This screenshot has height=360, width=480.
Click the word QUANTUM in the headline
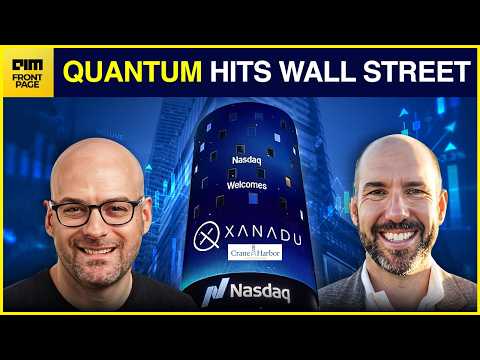coord(132,71)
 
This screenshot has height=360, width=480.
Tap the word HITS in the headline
coord(240,71)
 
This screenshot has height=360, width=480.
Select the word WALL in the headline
coord(316,71)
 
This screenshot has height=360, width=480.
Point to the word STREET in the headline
coord(417,71)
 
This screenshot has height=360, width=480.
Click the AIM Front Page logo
coord(27,74)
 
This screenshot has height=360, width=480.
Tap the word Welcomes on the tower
coord(247,185)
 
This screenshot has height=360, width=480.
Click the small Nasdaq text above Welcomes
coord(247,160)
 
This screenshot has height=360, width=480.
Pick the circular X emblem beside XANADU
coord(207,235)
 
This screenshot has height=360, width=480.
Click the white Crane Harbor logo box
coord(255,253)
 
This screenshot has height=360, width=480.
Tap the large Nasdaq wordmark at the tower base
coord(260,292)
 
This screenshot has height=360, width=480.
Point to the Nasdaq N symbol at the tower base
coord(216,291)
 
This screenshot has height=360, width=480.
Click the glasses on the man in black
coord(97,211)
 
